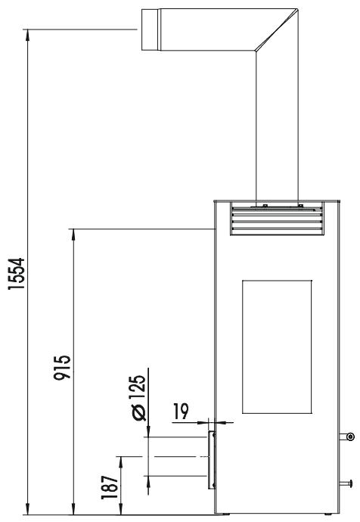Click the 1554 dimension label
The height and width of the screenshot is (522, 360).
(x=16, y=273)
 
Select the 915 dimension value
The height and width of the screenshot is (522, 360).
(x=62, y=368)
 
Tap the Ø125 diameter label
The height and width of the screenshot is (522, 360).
(x=138, y=398)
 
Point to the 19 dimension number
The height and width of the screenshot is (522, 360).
(x=181, y=411)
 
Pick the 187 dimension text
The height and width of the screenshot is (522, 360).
(x=110, y=486)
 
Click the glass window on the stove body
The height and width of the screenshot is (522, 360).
(x=277, y=346)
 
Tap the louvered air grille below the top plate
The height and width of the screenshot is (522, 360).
(x=277, y=219)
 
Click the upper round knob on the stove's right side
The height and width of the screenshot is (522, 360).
(x=350, y=437)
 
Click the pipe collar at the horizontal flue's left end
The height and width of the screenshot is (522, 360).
(x=151, y=30)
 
